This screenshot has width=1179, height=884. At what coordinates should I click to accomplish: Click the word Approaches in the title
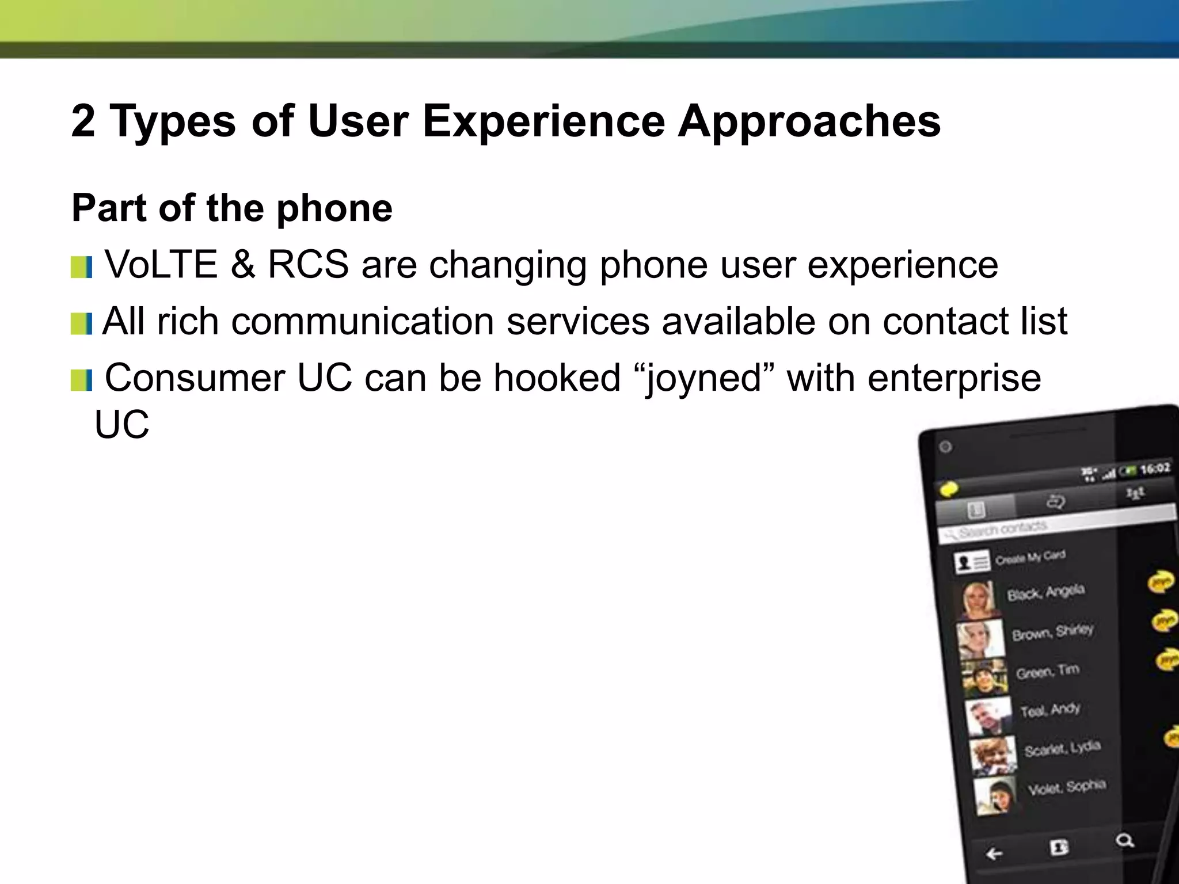click(809, 122)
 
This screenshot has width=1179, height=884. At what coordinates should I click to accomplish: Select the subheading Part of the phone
click(231, 208)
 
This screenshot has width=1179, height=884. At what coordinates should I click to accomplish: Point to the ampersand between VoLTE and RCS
click(242, 265)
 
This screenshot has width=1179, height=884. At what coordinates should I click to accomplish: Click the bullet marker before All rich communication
click(81, 324)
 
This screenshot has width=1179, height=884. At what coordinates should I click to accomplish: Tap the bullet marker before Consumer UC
click(81, 380)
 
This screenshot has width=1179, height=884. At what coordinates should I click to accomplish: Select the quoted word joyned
click(704, 379)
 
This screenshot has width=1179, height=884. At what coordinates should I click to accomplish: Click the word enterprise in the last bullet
click(954, 379)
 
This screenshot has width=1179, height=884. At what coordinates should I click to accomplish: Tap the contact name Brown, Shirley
click(1052, 632)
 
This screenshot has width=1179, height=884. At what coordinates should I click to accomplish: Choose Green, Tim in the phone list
click(1047, 671)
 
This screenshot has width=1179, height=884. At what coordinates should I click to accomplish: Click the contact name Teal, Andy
click(1050, 710)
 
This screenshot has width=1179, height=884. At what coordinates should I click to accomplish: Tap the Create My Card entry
click(1030, 557)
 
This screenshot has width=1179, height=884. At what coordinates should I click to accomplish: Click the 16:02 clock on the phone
click(1155, 468)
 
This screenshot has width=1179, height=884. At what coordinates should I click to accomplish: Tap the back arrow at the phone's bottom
click(994, 853)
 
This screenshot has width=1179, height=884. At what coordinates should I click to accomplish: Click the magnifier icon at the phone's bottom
click(1124, 841)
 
